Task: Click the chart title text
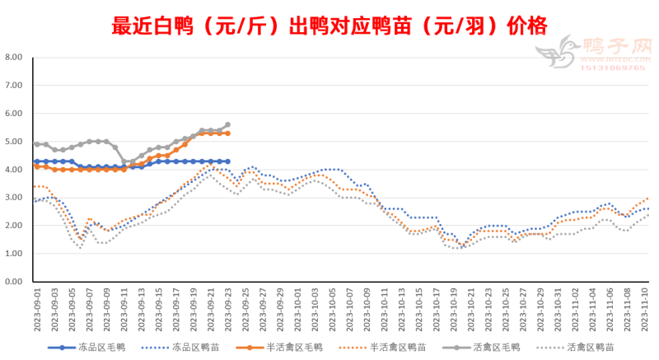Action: [x=329, y=26]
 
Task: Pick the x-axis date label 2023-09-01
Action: [x=36, y=309]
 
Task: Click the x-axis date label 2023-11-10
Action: [x=647, y=309]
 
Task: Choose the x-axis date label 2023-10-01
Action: [x=298, y=309]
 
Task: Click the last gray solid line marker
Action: [x=227, y=125]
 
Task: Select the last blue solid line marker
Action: [x=227, y=161]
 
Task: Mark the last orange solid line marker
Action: [x=227, y=133]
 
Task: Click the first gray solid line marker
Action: [x=36, y=144]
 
